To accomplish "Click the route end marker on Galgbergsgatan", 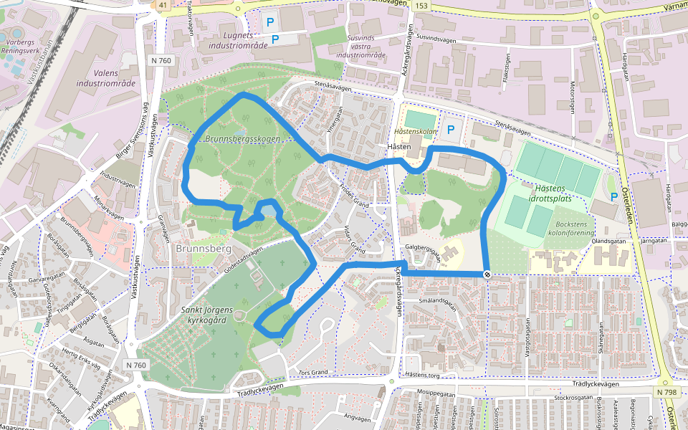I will point(487,274).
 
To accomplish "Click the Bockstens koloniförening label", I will point(571,228).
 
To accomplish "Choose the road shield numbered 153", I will point(421,6).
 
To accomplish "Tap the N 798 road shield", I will point(666,392).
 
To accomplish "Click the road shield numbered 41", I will point(163,5).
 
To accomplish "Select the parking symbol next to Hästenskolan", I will point(451,130).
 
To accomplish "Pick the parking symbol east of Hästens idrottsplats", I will point(613,196).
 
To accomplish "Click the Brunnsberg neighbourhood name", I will point(201,249).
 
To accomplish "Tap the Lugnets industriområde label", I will point(238,40).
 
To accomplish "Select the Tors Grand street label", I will point(312,373).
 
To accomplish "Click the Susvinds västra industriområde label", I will point(360,46).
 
